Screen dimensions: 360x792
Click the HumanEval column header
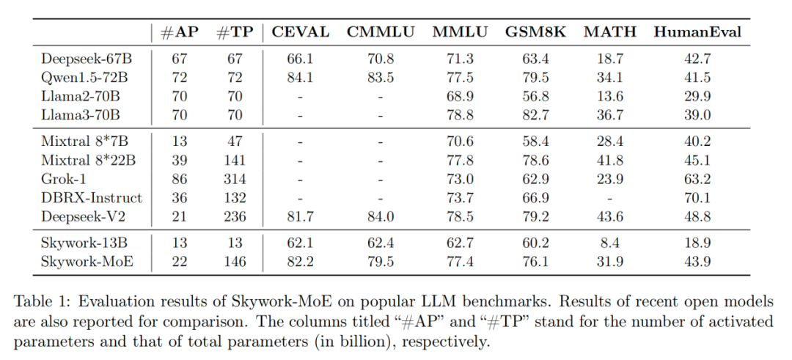pos(697,32)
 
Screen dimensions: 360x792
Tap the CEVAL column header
pos(301,32)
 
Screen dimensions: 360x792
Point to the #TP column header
pos(234,32)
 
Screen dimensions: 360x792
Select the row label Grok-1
pos(62,180)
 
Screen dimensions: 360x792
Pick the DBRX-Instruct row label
pos(92,199)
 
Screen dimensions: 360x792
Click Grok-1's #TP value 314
pos(234,180)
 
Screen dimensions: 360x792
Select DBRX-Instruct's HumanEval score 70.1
pos(697,199)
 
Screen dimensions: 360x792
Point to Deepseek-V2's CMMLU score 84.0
pos(381,218)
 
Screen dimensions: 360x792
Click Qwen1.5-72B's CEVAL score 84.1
pos(301,77)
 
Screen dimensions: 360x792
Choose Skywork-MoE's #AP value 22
pos(179,262)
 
